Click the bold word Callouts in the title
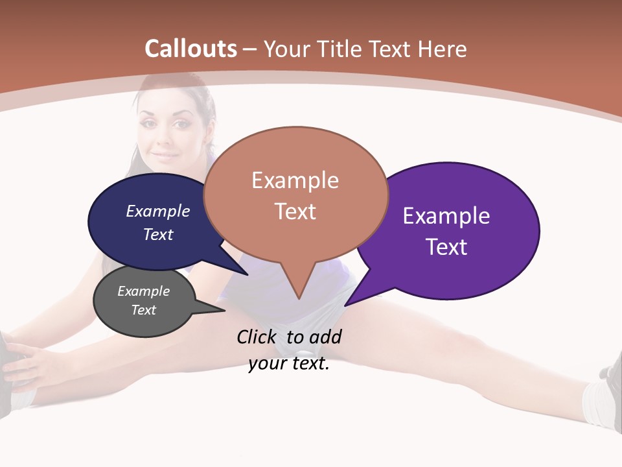coord(190,49)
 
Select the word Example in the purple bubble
coord(446,216)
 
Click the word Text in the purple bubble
coord(446,247)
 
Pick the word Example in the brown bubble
coord(295,180)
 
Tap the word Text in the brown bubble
coord(295,211)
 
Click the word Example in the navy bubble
coord(158,211)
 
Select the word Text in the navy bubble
coord(158,234)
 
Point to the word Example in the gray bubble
coord(143,291)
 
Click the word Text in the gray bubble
coord(143,310)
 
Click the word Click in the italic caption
coord(257,337)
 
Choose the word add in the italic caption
coord(325,337)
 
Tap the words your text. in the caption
coord(289,364)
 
